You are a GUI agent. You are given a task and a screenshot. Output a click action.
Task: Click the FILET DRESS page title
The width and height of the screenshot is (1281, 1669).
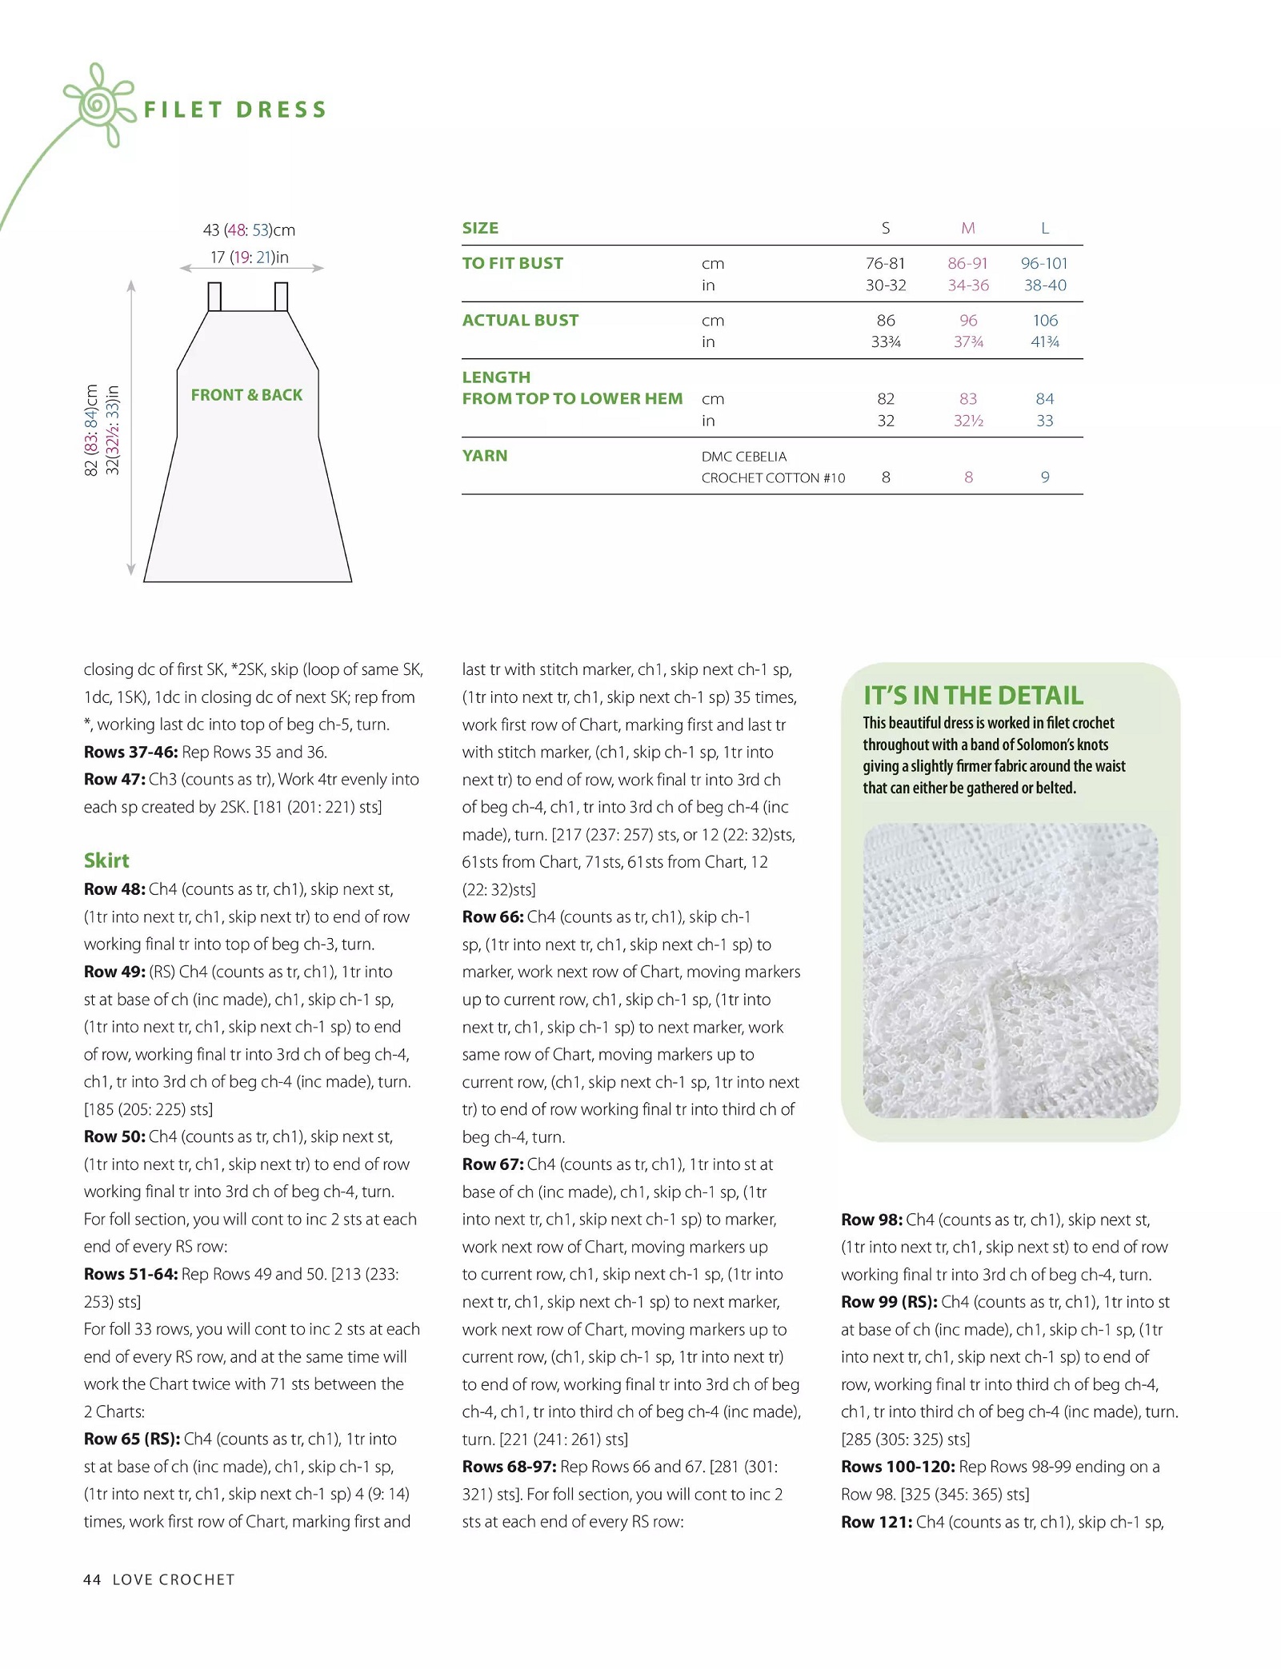pos(234,110)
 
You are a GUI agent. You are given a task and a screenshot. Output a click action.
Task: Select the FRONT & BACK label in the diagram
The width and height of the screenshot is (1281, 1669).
pos(246,395)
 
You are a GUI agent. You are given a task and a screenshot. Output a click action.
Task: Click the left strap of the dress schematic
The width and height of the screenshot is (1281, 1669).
pos(214,297)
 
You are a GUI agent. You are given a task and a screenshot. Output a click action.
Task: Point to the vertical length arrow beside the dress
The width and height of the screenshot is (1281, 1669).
pos(131,427)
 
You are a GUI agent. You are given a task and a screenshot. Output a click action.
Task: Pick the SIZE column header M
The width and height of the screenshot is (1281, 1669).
pos(968,229)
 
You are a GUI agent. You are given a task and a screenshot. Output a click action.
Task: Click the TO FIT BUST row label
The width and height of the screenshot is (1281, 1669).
pos(513,264)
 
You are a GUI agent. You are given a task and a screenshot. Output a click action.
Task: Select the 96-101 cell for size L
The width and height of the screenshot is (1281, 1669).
pos(1044,264)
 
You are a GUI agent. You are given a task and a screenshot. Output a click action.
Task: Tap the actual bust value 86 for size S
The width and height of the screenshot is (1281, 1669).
pos(886,321)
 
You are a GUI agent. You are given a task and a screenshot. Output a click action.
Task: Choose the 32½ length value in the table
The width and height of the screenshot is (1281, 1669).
pos(968,421)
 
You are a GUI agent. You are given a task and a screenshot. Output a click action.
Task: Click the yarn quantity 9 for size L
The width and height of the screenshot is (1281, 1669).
pos(1045,477)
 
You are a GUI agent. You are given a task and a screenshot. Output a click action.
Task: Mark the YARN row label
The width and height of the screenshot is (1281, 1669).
pos(485,456)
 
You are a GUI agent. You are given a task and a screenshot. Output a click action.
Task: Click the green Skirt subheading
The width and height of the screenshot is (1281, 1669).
pos(106,860)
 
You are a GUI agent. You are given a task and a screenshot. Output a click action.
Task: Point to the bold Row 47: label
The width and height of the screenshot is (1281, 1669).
pos(114,780)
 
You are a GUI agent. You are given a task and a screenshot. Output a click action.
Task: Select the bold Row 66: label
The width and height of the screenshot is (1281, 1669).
pos(493,917)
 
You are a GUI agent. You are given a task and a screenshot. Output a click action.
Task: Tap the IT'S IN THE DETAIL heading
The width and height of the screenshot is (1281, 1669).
pos(973,696)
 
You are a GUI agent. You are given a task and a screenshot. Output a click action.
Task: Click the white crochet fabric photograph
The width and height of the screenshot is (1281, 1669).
pos(1010,970)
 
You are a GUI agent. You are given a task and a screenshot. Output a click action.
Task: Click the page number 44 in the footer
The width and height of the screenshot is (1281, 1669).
pos(92,1580)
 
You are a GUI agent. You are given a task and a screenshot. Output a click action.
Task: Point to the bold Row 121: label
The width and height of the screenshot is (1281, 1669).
pos(876,1523)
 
